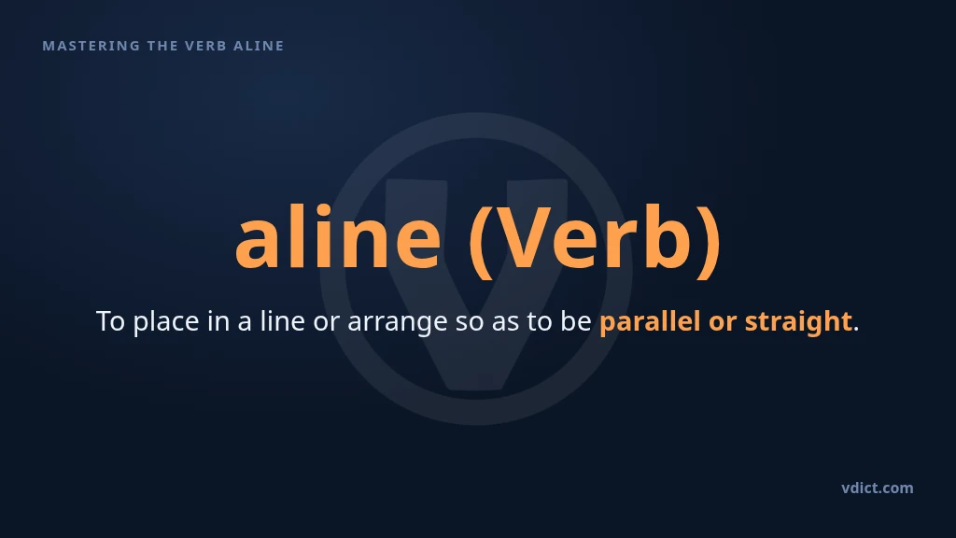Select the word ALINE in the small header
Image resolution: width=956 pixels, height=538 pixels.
tap(259, 46)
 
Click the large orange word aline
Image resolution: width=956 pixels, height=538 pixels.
tap(338, 236)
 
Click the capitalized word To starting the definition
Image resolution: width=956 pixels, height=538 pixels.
tap(110, 321)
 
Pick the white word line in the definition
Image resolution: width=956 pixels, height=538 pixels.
tap(282, 320)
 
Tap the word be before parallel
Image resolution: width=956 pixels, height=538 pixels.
tap(575, 321)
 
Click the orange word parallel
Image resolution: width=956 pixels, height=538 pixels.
tap(650, 322)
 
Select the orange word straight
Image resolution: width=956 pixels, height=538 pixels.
tap(798, 322)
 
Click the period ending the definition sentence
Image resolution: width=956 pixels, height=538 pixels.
tap(856, 330)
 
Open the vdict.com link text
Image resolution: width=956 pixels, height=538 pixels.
tap(878, 488)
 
